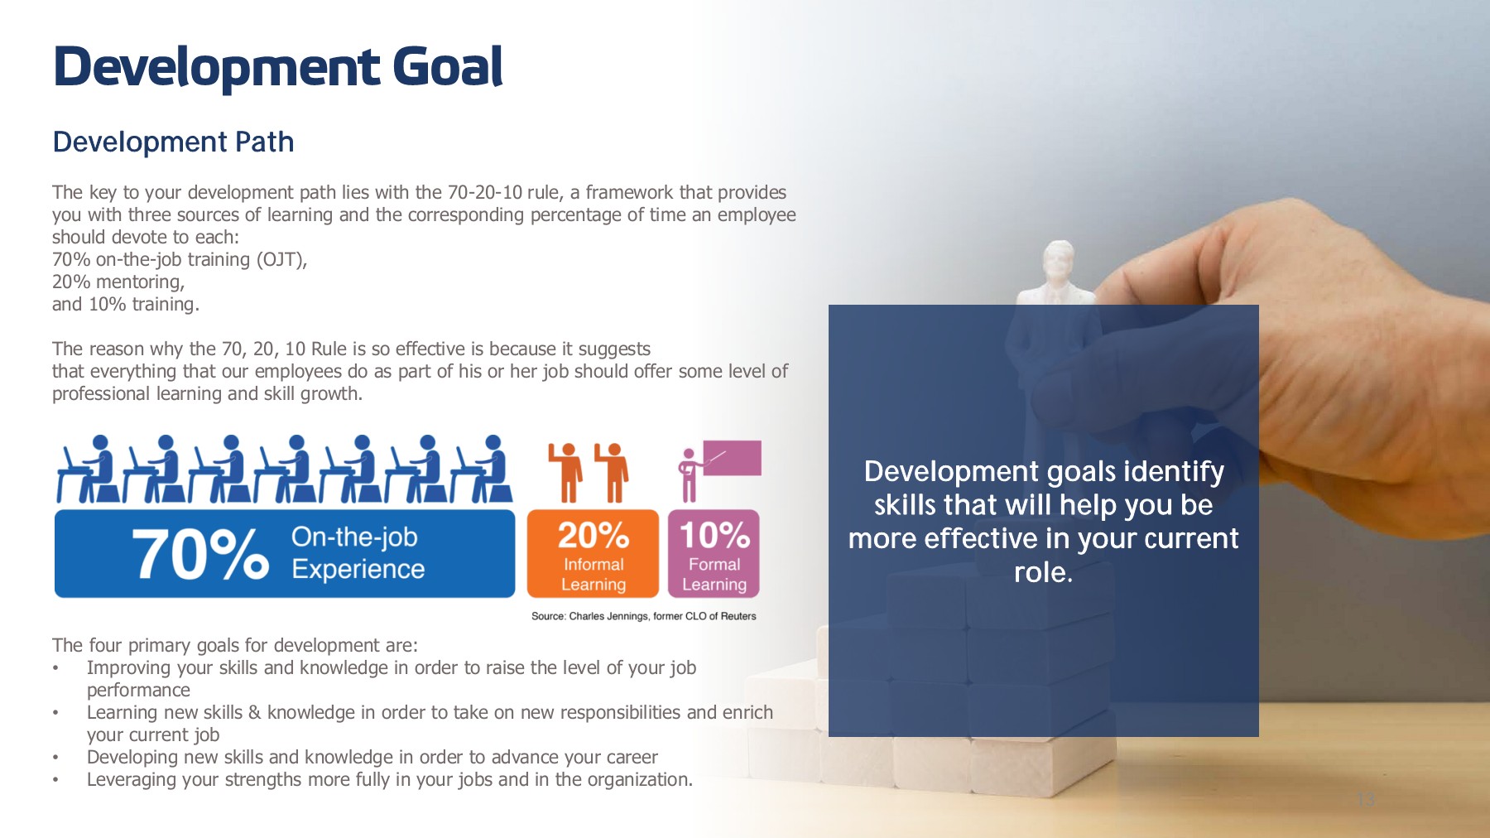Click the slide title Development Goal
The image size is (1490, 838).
[x=278, y=66]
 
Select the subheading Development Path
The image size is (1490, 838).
[x=173, y=142]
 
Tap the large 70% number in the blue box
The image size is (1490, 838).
[x=200, y=554]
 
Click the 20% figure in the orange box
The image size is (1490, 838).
[x=594, y=535]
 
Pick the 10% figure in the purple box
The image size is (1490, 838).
[x=714, y=535]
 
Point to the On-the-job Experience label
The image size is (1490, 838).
[x=358, y=553]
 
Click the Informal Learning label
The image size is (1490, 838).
[x=594, y=574]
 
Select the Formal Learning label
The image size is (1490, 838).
[x=714, y=574]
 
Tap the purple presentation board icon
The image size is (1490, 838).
[x=732, y=458]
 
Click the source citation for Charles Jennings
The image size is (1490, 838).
[x=644, y=616]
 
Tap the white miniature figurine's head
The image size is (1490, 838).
[x=1058, y=258]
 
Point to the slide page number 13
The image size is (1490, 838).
[x=1366, y=799]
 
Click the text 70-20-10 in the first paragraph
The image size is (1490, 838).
[x=484, y=192]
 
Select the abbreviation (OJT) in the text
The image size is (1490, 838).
[x=281, y=260]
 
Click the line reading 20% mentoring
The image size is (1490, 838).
[x=118, y=282]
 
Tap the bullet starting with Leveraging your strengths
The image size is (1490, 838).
[x=390, y=779]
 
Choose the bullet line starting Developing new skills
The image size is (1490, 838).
[x=372, y=757]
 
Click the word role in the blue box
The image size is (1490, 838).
[x=1043, y=572]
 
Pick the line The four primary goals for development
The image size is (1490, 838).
[x=235, y=645]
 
